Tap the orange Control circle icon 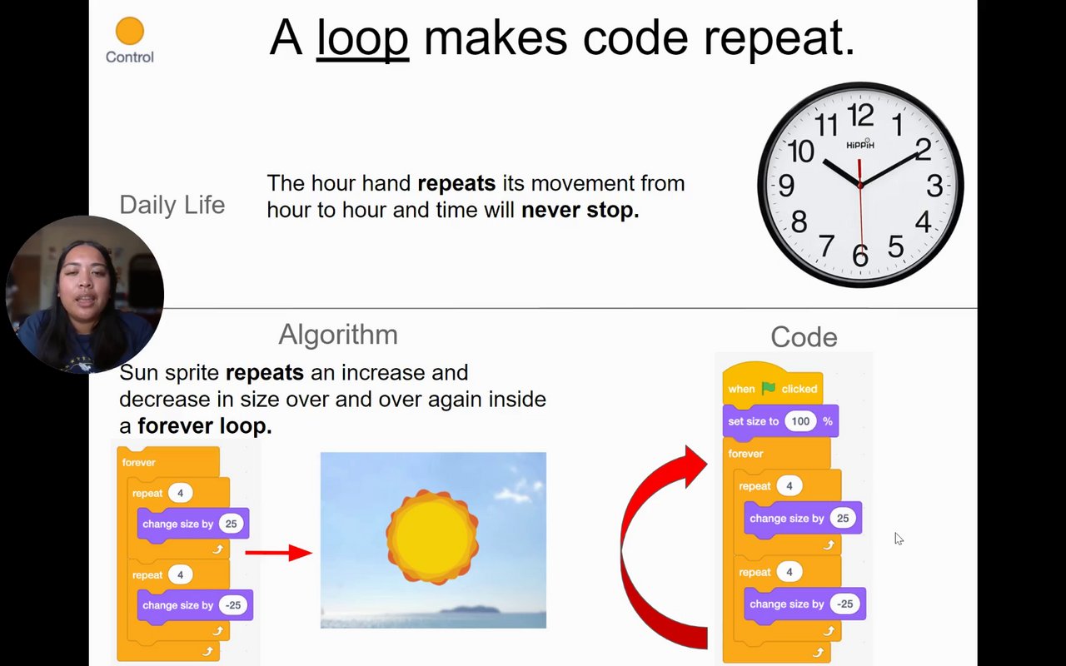coord(130,31)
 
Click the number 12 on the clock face coord(860,116)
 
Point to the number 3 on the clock coord(934,186)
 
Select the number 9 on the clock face coord(786,185)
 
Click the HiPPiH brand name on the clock coord(860,145)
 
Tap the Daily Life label coord(172,205)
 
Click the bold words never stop coord(580,210)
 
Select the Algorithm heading coord(338,335)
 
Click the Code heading coord(804,337)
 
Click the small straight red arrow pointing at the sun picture coord(279,553)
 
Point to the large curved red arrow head coord(695,466)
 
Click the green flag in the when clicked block coord(768,389)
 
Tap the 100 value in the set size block coord(800,421)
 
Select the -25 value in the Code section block coord(844,604)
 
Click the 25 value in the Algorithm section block coord(231,524)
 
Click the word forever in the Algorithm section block coord(138,462)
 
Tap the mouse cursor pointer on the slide coord(899,539)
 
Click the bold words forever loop coord(205,425)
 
